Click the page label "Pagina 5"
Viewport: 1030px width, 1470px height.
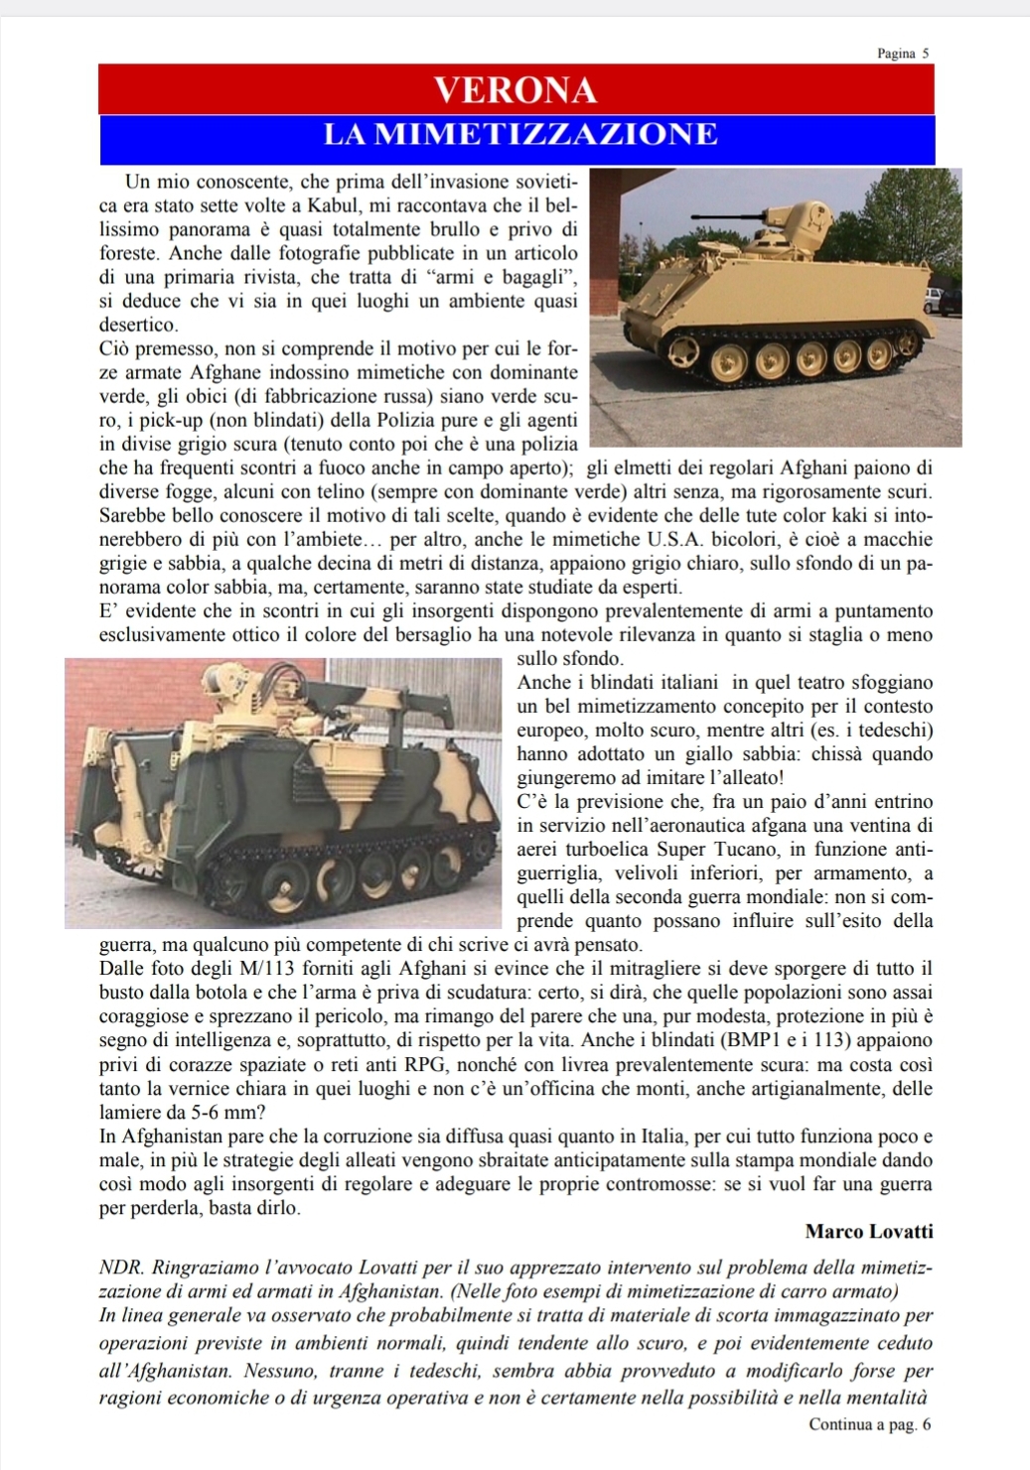tap(903, 54)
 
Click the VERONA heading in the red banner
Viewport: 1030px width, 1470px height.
tap(516, 90)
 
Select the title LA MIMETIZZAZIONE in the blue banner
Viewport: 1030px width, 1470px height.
tap(519, 135)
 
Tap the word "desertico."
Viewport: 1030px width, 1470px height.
tap(139, 325)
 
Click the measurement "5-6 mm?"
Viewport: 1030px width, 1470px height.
tap(227, 1113)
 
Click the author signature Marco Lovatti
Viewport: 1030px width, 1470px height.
tap(869, 1232)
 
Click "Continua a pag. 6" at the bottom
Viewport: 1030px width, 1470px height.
tap(870, 1424)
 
